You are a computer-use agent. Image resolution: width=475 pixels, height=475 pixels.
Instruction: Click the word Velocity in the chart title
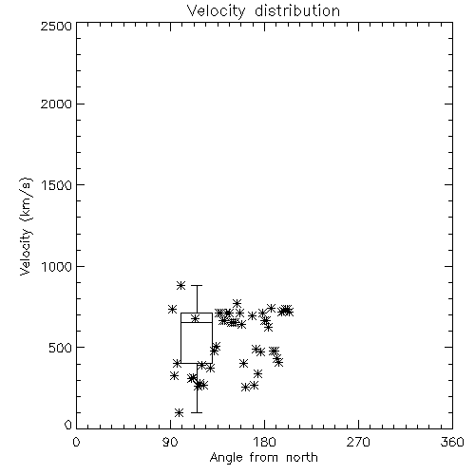[x=216, y=11]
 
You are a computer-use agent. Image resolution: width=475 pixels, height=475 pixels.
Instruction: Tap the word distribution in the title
[x=297, y=10]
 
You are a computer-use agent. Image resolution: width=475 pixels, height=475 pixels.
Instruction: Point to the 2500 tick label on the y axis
[x=56, y=26]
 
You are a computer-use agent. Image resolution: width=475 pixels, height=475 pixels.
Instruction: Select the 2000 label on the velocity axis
[x=56, y=104]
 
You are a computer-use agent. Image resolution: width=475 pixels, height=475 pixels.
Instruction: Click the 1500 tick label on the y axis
[x=57, y=185]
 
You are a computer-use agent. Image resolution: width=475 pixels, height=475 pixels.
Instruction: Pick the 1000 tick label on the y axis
[x=57, y=267]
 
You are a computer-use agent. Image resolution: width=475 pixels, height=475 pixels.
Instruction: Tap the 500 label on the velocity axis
[x=61, y=348]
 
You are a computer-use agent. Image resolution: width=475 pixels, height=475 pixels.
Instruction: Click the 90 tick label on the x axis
[x=170, y=442]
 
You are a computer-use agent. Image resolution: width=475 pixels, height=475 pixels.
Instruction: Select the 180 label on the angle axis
[x=264, y=442]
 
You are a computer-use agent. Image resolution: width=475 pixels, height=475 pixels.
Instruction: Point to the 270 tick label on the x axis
[x=358, y=442]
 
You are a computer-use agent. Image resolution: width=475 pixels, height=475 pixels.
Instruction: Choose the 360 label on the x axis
[x=452, y=442]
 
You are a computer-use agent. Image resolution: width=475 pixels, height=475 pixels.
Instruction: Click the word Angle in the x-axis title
[x=226, y=458]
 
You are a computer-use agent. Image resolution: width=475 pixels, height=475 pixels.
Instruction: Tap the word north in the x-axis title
[x=302, y=457]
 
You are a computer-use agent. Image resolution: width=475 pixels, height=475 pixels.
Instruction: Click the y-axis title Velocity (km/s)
[x=26, y=226]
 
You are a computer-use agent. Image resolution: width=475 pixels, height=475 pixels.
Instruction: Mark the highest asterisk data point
[x=180, y=285]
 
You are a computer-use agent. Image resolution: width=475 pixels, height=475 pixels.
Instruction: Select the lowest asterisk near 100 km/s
[x=180, y=412]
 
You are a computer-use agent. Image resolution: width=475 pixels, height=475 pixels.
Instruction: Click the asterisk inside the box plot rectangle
[x=195, y=318]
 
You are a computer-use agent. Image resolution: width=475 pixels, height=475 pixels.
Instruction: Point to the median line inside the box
[x=197, y=322]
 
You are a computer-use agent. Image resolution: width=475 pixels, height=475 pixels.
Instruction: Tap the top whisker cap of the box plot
[x=197, y=285]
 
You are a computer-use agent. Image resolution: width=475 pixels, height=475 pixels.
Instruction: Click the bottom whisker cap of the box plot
[x=197, y=412]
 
